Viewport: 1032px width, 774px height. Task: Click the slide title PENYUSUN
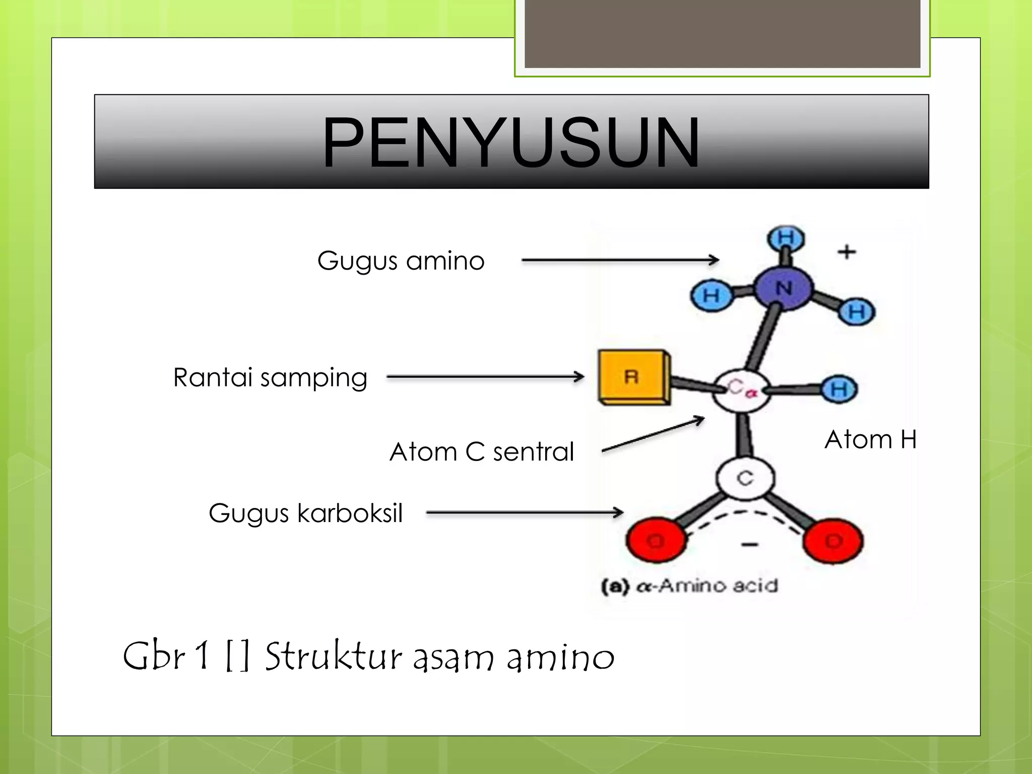click(511, 142)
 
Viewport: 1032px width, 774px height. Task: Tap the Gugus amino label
click(401, 261)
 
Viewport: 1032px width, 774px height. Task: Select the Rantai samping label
click(270, 377)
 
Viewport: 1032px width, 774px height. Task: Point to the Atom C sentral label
click(482, 451)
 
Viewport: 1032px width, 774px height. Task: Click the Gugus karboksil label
click(305, 513)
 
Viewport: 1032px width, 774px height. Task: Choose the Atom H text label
click(870, 439)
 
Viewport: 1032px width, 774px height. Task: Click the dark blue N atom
click(784, 289)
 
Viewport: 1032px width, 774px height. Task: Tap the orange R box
click(633, 376)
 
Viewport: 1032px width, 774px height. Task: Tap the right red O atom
click(833, 541)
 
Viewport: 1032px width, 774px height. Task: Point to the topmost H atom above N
click(786, 238)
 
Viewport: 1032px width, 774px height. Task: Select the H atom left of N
click(711, 296)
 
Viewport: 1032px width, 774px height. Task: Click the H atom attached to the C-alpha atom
click(839, 389)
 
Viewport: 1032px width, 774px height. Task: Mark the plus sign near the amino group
click(847, 251)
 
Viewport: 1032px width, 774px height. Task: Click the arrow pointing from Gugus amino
click(620, 260)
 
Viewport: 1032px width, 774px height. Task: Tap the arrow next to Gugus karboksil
click(524, 513)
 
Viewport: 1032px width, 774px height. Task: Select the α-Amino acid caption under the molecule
click(690, 586)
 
